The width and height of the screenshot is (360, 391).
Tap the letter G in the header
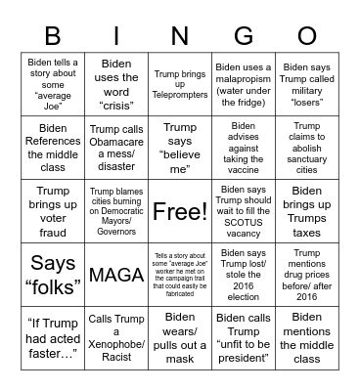(x=243, y=35)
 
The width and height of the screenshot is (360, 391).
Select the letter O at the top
(x=306, y=35)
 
